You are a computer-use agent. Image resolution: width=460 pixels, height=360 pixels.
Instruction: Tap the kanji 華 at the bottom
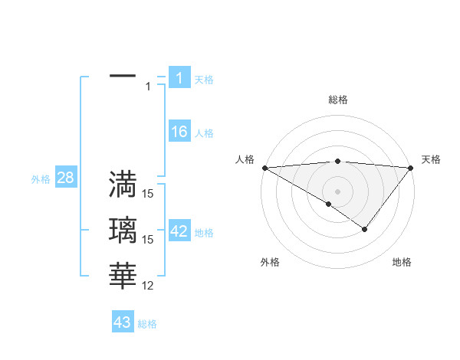point(123,275)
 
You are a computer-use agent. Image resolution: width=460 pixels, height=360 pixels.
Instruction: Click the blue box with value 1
point(179,78)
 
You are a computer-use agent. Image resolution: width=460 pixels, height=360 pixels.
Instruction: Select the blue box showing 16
point(179,132)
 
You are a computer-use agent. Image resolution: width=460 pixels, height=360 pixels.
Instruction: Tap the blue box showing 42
point(179,231)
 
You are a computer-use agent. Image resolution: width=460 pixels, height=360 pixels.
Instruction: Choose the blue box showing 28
point(65,178)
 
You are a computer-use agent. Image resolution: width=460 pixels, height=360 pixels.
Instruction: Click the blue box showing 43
point(122,322)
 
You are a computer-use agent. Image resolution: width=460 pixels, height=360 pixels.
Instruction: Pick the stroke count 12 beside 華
point(148,286)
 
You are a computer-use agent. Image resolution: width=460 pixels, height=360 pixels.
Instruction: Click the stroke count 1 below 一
point(148,87)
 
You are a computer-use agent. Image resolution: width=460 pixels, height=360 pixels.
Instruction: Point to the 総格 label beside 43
point(147,324)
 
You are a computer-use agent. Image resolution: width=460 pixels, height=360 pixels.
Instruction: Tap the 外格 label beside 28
point(41,179)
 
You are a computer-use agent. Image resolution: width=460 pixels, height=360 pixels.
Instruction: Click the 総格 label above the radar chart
point(338,100)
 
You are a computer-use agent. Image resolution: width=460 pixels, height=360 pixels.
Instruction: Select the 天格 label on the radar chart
point(431,159)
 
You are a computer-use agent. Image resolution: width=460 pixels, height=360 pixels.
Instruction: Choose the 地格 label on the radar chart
point(402,263)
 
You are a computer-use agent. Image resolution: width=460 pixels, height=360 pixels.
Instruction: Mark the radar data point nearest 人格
point(264,167)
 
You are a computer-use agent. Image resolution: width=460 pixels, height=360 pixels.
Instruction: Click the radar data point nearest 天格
point(411,167)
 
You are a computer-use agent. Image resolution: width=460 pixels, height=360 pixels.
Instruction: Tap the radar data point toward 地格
point(365,228)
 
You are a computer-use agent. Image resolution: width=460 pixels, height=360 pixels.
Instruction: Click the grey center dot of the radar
point(337,191)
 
